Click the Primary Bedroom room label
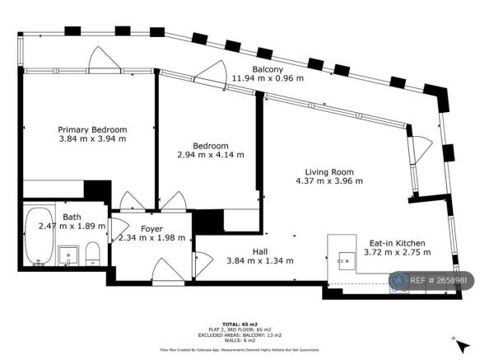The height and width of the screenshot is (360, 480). pyautogui.click(x=92, y=129)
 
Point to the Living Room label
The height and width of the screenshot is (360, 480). pyautogui.click(x=329, y=171)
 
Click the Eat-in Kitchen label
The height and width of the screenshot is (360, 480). pyautogui.click(x=397, y=243)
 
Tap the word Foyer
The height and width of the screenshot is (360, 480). pyautogui.click(x=151, y=228)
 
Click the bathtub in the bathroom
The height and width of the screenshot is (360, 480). pyautogui.click(x=39, y=237)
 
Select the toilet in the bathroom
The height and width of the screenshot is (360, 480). pyautogui.click(x=94, y=253)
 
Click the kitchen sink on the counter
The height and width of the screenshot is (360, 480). pyautogui.click(x=344, y=256)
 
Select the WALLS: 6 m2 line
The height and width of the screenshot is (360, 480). pyautogui.click(x=240, y=341)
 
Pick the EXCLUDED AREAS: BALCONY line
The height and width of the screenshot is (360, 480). pyautogui.click(x=240, y=336)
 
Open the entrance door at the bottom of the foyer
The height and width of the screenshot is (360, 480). pyautogui.click(x=165, y=273)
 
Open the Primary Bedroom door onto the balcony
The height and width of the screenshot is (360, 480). pyautogui.click(x=105, y=59)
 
